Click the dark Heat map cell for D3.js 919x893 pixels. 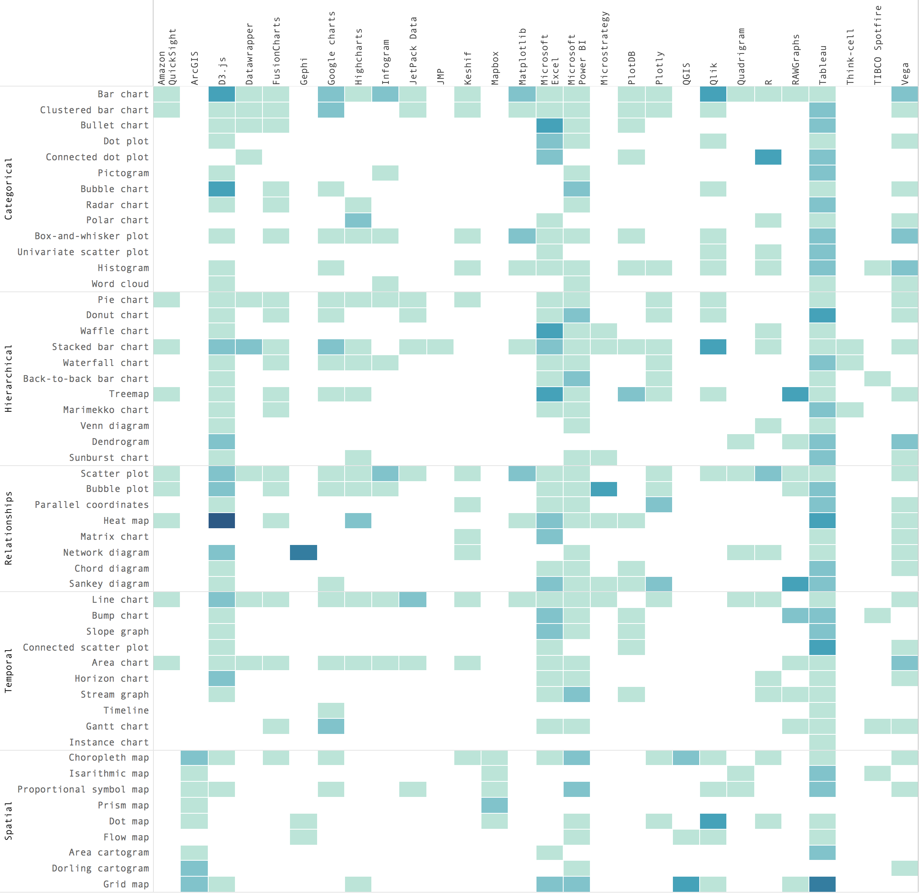221,521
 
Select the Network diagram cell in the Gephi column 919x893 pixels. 303,553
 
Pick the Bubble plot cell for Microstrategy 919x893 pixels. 603,489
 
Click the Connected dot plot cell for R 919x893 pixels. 768,157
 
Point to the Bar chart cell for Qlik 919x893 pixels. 713,94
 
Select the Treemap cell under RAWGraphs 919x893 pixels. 795,394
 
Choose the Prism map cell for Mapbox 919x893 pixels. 494,805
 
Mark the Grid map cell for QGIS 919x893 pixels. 686,884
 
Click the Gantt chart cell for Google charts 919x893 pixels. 331,726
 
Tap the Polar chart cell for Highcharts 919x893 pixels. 358,220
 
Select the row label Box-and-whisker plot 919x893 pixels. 91,236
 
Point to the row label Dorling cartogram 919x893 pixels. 100,869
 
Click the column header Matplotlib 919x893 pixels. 523,56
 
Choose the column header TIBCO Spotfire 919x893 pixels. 878,45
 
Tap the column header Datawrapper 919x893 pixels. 249,54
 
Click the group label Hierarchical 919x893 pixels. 8,378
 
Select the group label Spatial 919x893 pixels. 8,821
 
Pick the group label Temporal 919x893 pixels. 8,671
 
